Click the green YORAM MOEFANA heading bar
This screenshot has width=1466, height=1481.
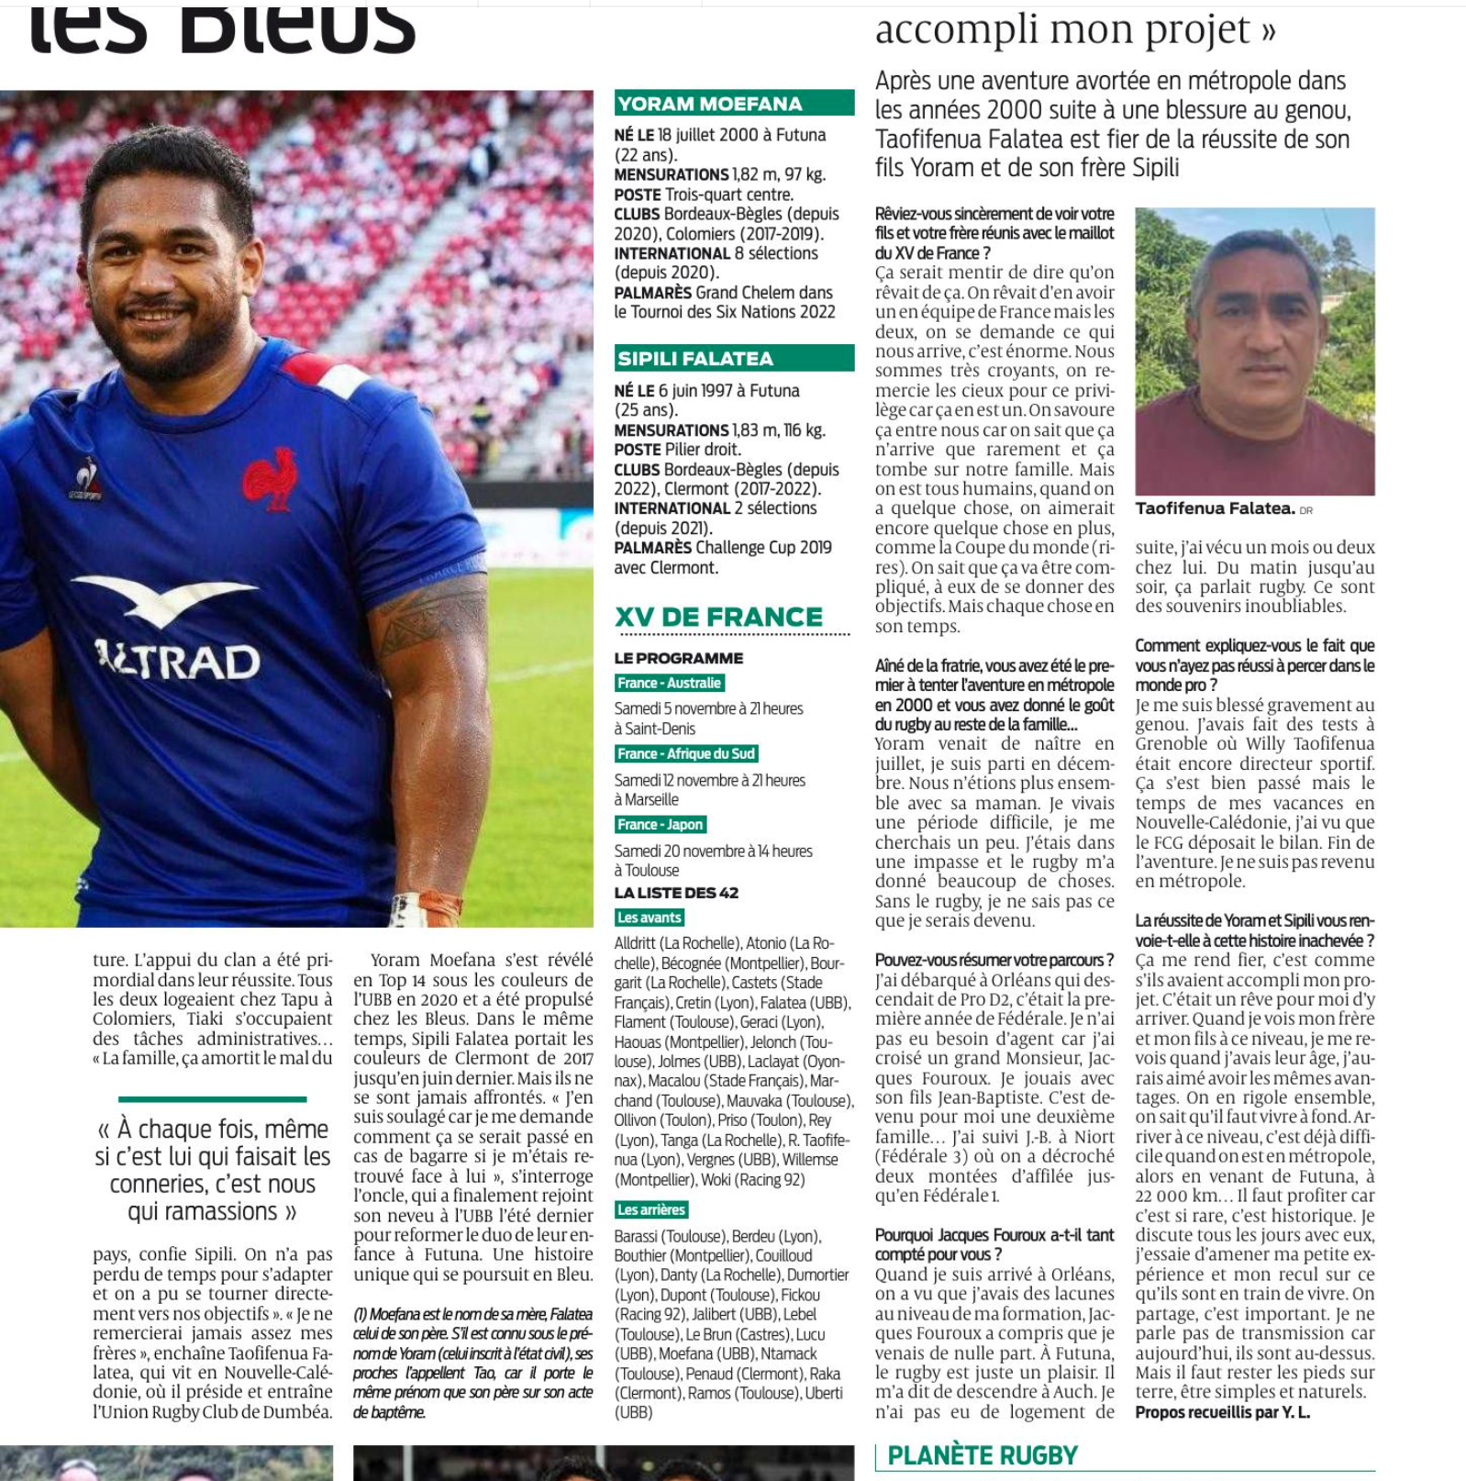(734, 103)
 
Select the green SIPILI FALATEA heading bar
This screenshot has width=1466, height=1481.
(734, 358)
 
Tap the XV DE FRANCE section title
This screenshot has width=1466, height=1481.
(719, 617)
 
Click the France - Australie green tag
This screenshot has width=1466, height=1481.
(670, 683)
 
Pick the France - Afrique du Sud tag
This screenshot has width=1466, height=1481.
(686, 753)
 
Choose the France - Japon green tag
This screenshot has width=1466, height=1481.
(661, 824)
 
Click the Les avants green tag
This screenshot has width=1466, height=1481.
(650, 917)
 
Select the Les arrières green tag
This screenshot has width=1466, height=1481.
(651, 1209)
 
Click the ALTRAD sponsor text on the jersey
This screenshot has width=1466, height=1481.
(179, 660)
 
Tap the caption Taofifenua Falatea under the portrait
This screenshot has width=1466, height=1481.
(1215, 508)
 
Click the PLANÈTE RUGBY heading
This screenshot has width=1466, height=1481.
(983, 1455)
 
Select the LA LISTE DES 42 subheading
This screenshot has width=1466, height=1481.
(676, 892)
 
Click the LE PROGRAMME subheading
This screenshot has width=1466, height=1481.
(679, 658)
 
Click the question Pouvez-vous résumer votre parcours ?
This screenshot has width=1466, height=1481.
(994, 960)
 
